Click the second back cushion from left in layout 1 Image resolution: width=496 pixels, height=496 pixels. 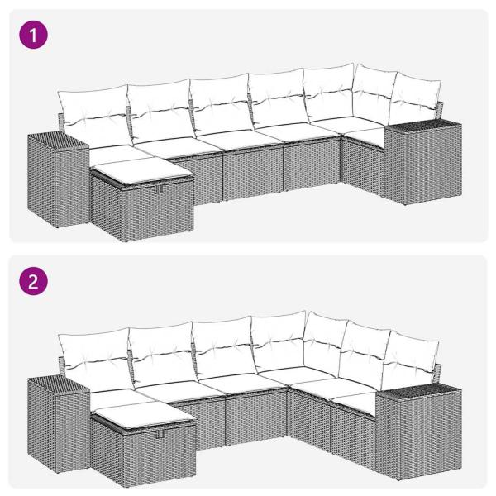[x=159, y=110]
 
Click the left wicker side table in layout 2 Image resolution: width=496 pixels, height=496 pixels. [x=58, y=422]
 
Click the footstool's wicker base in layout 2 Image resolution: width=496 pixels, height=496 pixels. [x=145, y=451]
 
